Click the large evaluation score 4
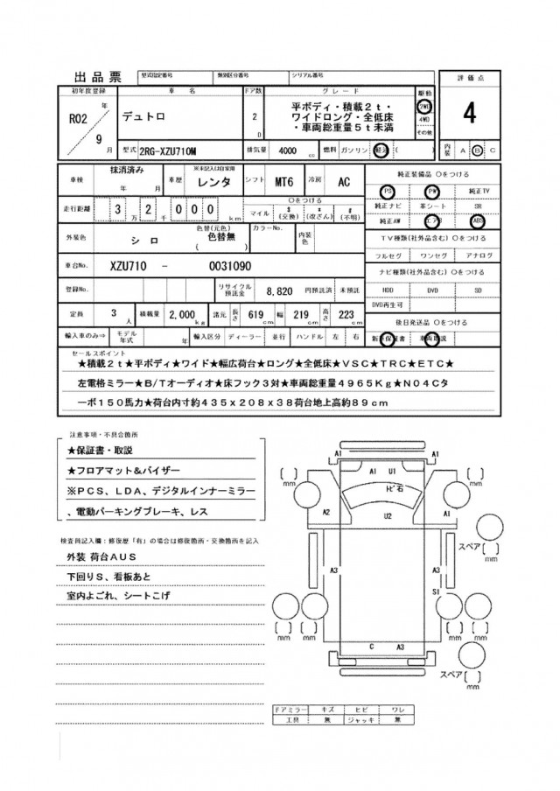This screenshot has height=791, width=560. pyautogui.click(x=470, y=114)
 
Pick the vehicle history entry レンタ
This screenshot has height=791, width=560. pyautogui.click(x=215, y=182)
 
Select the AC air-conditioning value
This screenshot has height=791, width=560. pyautogui.click(x=345, y=182)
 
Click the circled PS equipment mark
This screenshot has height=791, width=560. pyautogui.click(x=388, y=191)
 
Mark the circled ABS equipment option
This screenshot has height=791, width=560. pyautogui.click(x=477, y=222)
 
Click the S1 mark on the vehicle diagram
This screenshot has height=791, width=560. pyautogui.click(x=434, y=591)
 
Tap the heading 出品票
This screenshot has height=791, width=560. pyautogui.click(x=97, y=76)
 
